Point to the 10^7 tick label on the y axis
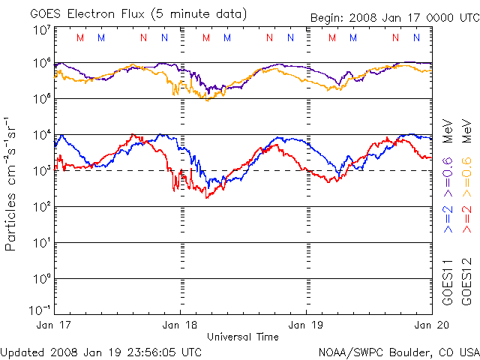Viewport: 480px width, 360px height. (x=42, y=30)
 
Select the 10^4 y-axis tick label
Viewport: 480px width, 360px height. (x=42, y=135)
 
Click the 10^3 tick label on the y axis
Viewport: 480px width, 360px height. (x=42, y=171)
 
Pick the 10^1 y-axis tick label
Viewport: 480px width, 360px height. (x=42, y=243)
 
